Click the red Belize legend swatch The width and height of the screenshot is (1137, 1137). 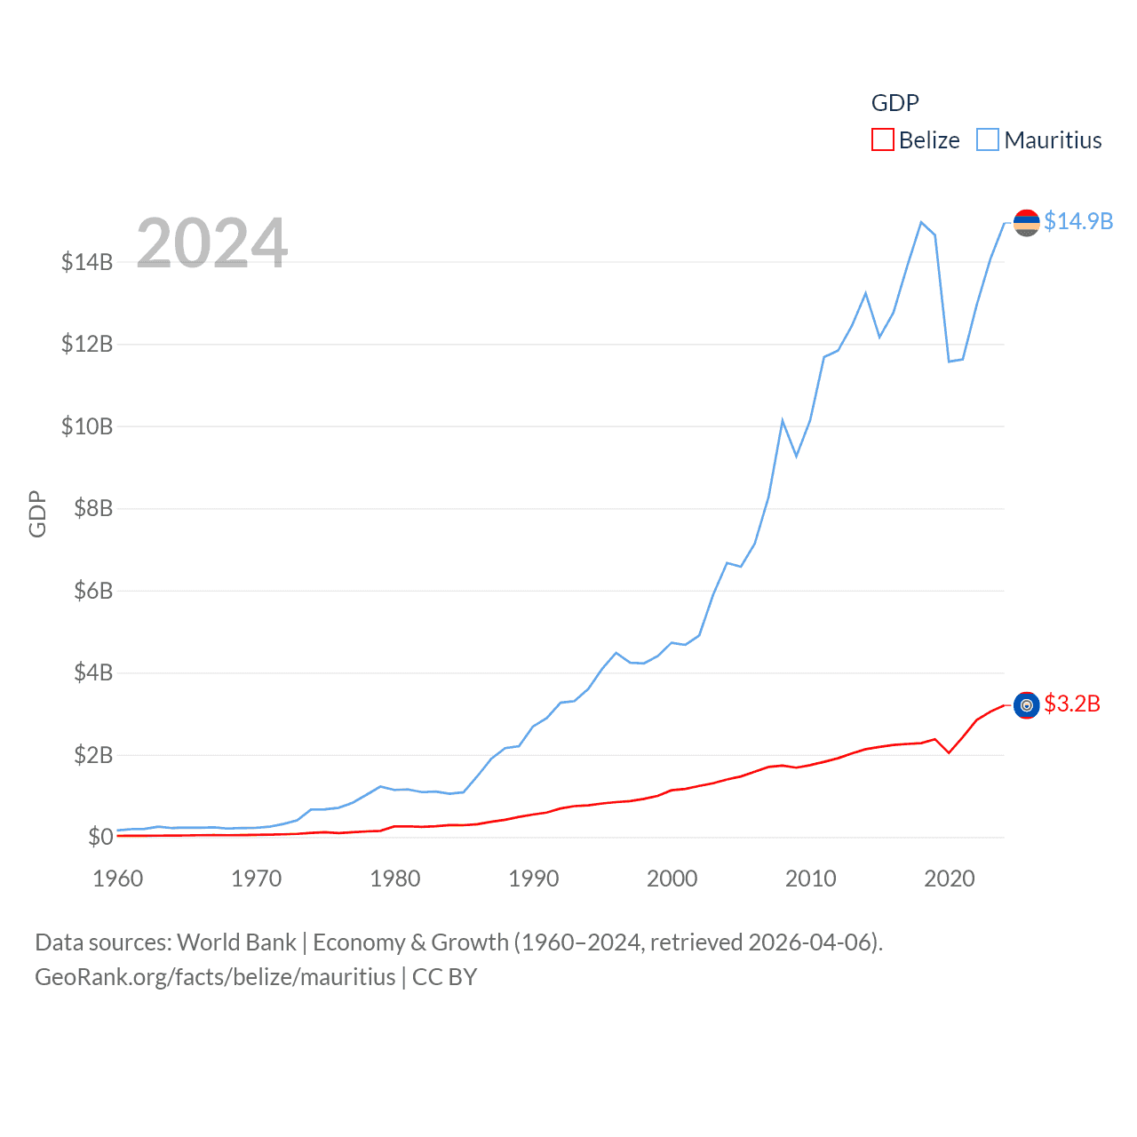(x=882, y=140)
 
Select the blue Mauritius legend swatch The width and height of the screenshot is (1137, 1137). (x=987, y=140)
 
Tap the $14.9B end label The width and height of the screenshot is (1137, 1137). (x=1078, y=221)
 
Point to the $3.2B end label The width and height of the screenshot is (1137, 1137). (x=1072, y=704)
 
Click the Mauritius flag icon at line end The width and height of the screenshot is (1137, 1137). (x=1027, y=222)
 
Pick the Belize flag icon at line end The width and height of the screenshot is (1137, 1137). (x=1027, y=705)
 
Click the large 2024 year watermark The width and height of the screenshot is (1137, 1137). (x=211, y=243)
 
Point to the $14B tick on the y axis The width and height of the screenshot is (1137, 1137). (x=87, y=262)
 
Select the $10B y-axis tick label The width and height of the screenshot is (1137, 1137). (x=87, y=426)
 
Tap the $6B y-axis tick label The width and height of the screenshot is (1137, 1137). (x=93, y=591)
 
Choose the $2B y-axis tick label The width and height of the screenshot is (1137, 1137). (x=93, y=755)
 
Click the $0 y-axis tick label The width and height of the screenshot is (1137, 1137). (x=100, y=837)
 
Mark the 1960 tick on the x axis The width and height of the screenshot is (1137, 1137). (x=118, y=879)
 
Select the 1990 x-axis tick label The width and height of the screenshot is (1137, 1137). (x=534, y=879)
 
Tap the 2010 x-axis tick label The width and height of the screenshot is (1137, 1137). (x=811, y=879)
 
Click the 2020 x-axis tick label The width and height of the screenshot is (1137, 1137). (x=950, y=879)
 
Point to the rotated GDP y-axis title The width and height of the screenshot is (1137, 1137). (x=37, y=513)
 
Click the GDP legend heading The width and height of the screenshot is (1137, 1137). (x=894, y=103)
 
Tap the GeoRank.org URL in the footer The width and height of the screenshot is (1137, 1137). (x=215, y=977)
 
